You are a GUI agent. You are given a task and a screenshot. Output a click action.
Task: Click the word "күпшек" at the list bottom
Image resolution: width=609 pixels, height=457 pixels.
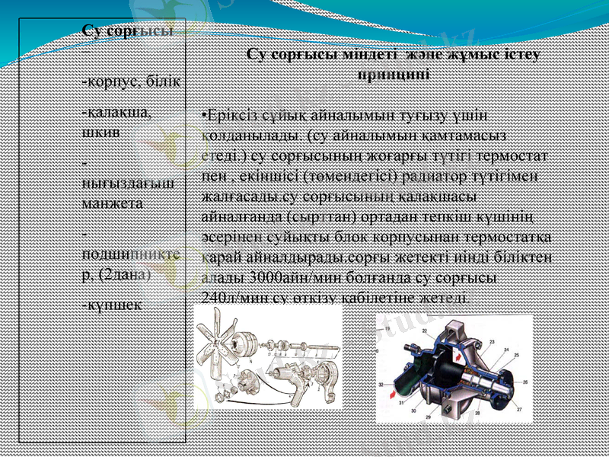113,302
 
